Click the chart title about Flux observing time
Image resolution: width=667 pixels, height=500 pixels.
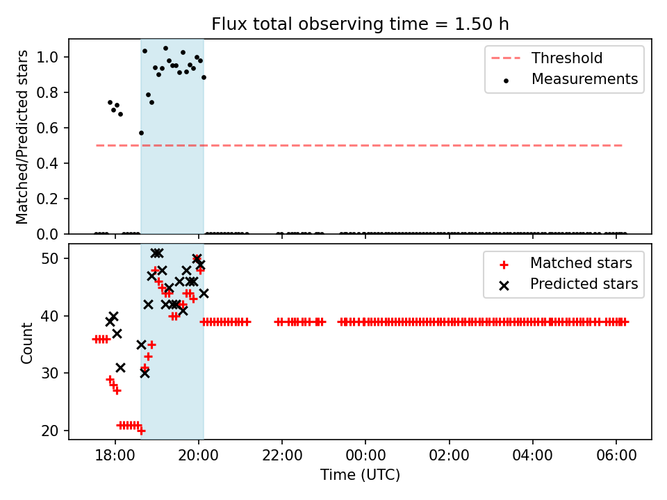click(360, 24)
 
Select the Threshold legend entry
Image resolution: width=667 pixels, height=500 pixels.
click(567, 58)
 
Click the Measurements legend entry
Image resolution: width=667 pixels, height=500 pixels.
click(584, 79)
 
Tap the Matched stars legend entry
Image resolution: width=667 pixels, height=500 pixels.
click(581, 263)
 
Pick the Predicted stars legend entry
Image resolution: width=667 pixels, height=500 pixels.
click(584, 284)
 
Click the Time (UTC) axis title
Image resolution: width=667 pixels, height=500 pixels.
click(360, 476)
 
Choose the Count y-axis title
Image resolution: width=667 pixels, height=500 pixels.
click(27, 342)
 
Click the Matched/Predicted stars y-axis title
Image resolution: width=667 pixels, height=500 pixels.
click(22, 137)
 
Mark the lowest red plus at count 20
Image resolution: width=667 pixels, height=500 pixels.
click(141, 431)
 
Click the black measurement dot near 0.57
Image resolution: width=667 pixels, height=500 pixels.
click(141, 133)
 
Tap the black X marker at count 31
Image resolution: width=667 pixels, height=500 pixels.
click(120, 367)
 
